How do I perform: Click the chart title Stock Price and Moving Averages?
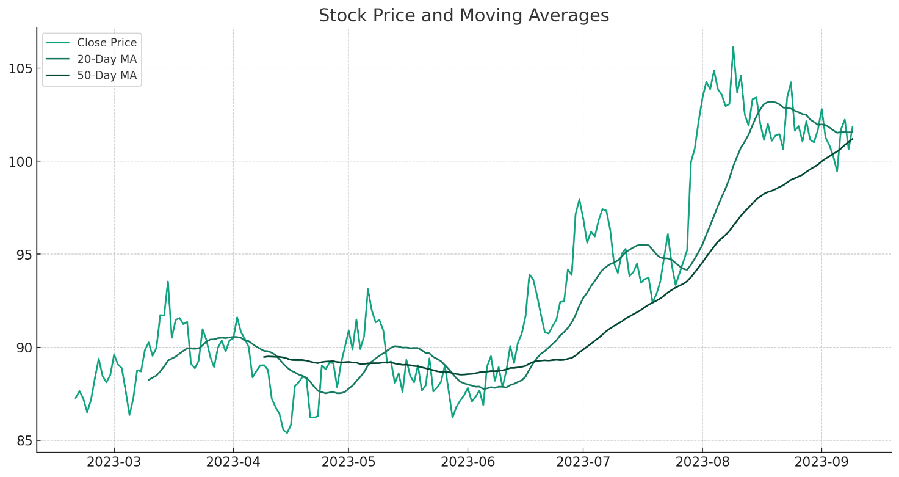(x=463, y=16)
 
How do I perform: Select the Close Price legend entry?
(x=106, y=43)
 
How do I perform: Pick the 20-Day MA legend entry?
(x=106, y=59)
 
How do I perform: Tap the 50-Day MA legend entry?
(x=106, y=76)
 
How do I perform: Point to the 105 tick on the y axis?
(x=20, y=68)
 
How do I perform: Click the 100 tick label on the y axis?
(x=20, y=161)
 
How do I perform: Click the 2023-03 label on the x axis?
(x=114, y=462)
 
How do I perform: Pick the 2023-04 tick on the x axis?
(x=233, y=462)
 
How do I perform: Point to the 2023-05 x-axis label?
(x=348, y=462)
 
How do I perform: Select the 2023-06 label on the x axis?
(x=468, y=462)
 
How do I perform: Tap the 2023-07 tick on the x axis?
(x=583, y=462)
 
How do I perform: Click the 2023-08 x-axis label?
(x=702, y=462)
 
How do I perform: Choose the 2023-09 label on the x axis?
(x=821, y=462)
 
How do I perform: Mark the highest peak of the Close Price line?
(x=733, y=47)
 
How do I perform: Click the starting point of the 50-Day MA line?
(x=264, y=357)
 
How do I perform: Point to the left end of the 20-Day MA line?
(x=148, y=380)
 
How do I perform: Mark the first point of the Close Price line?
(x=76, y=398)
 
